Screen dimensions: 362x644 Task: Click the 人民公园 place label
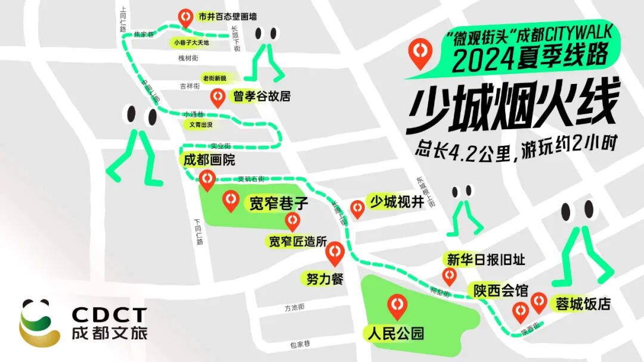[397, 332]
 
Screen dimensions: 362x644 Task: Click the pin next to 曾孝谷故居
[218, 96]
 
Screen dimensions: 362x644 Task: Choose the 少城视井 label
[397, 202]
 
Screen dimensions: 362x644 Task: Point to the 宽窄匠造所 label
[298, 242]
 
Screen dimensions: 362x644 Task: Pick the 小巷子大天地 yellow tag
[191, 43]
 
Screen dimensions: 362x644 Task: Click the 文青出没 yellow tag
[200, 125]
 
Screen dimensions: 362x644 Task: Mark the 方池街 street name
[295, 308]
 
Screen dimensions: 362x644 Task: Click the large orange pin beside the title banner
[422, 52]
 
